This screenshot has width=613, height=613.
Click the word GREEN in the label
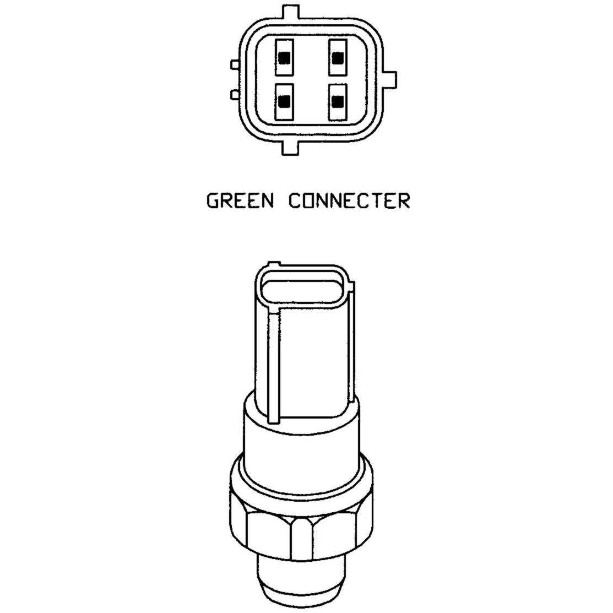click(240, 201)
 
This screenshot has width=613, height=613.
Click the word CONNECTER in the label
click(349, 201)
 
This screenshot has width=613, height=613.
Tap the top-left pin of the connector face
click(284, 57)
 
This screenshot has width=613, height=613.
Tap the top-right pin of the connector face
click(338, 57)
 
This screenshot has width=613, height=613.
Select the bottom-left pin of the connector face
click(284, 102)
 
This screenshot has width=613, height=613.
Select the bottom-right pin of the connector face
click(338, 102)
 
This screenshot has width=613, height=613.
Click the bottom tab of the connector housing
click(290, 146)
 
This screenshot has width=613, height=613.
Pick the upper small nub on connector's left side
click(235, 64)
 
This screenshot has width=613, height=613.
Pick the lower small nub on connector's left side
click(235, 94)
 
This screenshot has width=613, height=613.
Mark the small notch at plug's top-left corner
click(274, 264)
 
